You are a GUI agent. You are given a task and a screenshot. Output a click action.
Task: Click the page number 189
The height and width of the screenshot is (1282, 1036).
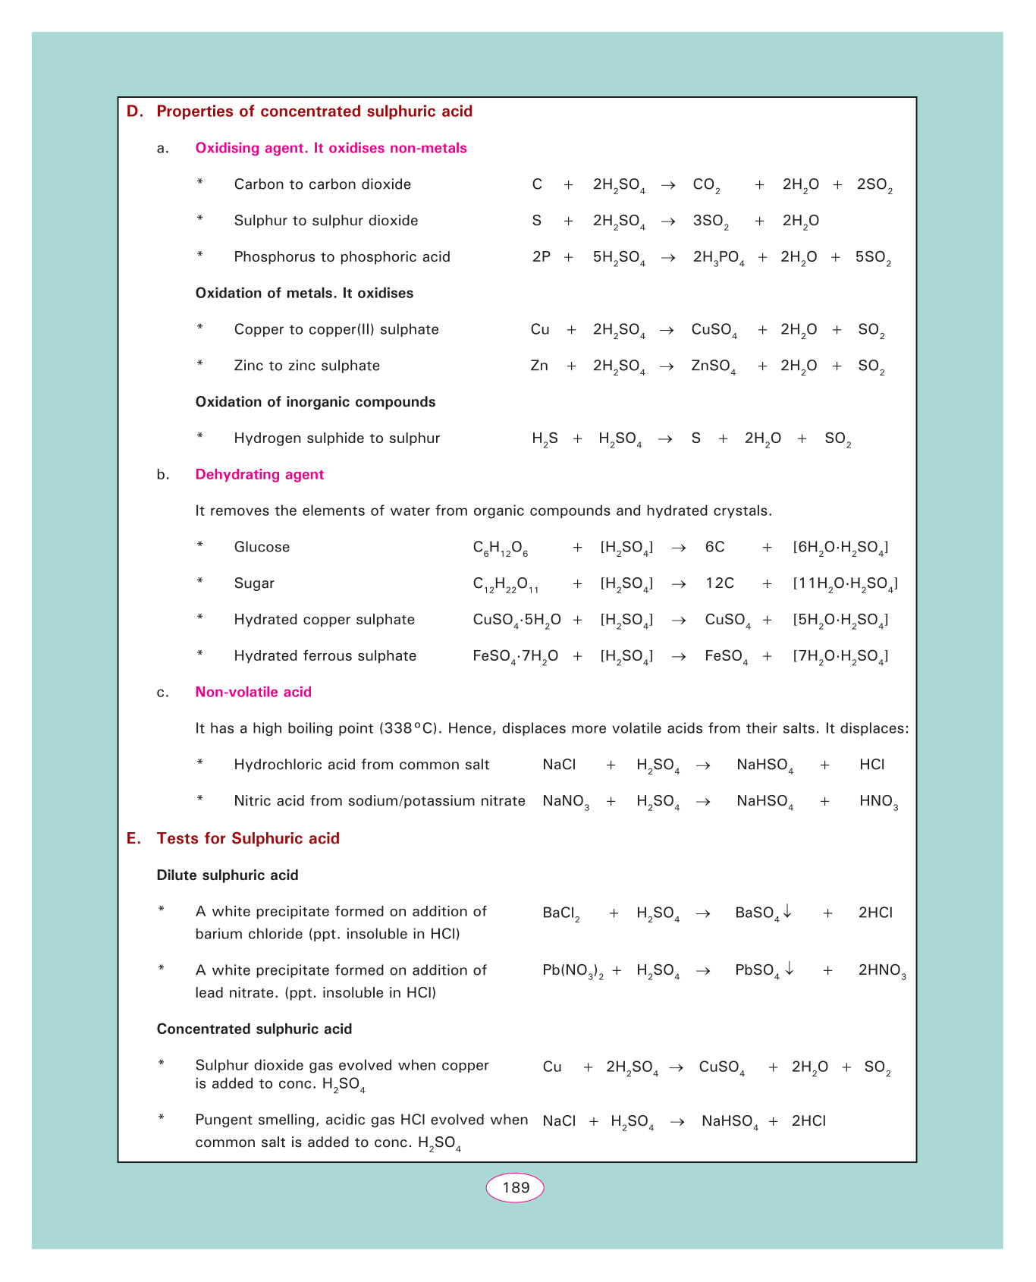click(x=515, y=1187)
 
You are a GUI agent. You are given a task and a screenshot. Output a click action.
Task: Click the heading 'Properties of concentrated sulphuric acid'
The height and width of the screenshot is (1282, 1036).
click(x=314, y=112)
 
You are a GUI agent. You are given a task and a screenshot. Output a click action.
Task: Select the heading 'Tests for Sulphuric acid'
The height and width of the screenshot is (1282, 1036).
click(x=248, y=838)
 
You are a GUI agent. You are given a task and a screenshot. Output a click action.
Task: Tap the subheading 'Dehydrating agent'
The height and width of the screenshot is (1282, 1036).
click(x=259, y=474)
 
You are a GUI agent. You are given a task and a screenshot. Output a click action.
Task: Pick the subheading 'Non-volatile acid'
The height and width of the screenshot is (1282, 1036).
click(x=253, y=692)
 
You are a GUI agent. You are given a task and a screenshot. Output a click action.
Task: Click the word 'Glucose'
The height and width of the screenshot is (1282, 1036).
click(x=262, y=547)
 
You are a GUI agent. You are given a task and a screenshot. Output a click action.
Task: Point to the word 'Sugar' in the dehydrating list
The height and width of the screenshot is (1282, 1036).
click(x=254, y=583)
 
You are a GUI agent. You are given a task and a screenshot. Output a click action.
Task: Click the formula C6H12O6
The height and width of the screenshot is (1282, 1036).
click(x=501, y=548)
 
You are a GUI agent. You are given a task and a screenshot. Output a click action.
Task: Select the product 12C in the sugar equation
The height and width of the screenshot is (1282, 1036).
click(x=720, y=583)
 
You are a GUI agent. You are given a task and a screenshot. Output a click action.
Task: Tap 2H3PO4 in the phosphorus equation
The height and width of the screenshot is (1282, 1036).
click(x=718, y=258)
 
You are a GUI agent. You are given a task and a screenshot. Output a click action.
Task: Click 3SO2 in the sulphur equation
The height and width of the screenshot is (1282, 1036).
click(x=711, y=222)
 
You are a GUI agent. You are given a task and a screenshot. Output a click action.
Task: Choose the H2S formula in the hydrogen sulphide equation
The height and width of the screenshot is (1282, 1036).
click(x=545, y=439)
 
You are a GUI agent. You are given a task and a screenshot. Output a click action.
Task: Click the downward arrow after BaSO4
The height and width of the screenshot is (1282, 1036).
click(x=788, y=911)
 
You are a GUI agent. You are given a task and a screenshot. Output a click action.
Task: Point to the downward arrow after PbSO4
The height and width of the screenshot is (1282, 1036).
click(x=790, y=969)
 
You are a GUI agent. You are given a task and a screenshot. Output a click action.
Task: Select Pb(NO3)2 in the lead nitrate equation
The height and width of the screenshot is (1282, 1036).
click(x=573, y=971)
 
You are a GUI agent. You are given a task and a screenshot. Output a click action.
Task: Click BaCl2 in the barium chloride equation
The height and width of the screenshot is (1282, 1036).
click(x=561, y=913)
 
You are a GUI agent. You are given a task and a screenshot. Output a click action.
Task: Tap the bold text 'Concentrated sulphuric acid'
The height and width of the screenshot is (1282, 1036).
click(x=254, y=1029)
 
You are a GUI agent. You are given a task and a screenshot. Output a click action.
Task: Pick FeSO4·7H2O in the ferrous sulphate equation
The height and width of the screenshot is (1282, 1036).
click(x=515, y=657)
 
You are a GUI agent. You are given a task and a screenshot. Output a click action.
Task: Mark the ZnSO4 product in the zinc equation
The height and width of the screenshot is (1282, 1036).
click(x=713, y=366)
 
